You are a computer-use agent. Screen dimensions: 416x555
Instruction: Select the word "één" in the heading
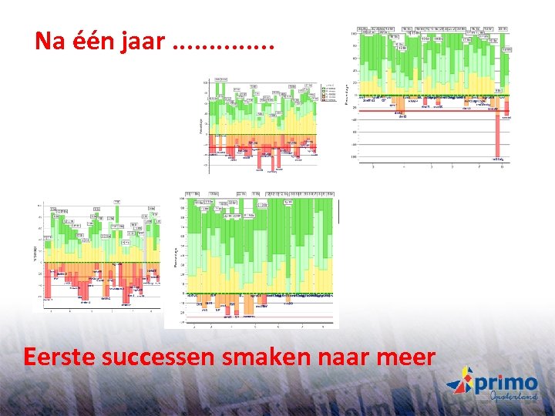pos(93,42)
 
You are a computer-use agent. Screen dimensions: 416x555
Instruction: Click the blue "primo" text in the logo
pos(506,382)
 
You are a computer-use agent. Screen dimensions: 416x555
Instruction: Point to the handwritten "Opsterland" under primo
pos(513,398)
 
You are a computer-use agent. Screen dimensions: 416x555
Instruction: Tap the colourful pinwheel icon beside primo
pos(459,382)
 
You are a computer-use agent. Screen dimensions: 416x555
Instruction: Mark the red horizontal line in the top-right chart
pos(432,110)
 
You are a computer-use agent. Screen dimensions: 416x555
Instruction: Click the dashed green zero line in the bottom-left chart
pos(100,263)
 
